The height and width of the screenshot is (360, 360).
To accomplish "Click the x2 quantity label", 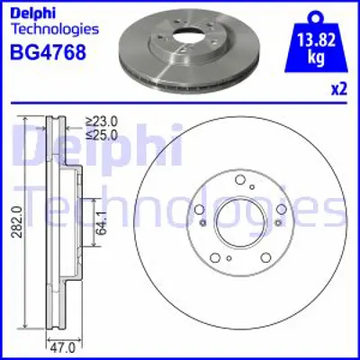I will tap(339, 88).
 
